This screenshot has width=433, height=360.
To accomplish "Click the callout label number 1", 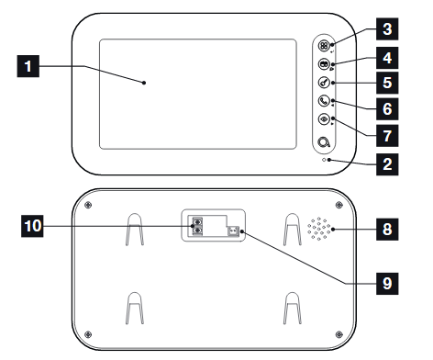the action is (x=28, y=66).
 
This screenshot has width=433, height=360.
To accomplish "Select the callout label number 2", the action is (x=387, y=164).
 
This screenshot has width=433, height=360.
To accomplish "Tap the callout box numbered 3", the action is (x=387, y=29).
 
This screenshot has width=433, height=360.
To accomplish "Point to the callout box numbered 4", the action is (x=387, y=58).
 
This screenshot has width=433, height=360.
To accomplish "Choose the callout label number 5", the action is (x=387, y=83).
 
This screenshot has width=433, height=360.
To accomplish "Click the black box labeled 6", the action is (x=387, y=109).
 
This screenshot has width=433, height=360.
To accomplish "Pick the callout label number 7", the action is (x=387, y=136).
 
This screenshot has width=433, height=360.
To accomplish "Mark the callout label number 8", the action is (x=387, y=230).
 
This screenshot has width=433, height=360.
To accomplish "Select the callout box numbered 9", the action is (x=387, y=284).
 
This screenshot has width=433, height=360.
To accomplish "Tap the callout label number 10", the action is (x=32, y=226).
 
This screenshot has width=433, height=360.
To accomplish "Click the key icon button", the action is (x=324, y=83).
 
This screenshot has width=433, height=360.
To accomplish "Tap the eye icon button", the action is (x=324, y=119).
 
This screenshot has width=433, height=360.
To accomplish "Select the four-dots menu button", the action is (x=324, y=46).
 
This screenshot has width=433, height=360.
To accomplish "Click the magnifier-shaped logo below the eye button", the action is (x=324, y=142).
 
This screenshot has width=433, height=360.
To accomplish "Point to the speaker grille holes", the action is (x=319, y=229).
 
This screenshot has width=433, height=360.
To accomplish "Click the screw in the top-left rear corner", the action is (x=88, y=205).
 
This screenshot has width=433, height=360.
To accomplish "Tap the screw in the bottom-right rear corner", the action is (x=339, y=334).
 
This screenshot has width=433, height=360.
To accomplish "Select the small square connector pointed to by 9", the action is (x=233, y=231).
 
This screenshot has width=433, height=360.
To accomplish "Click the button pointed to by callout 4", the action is (x=324, y=64).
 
